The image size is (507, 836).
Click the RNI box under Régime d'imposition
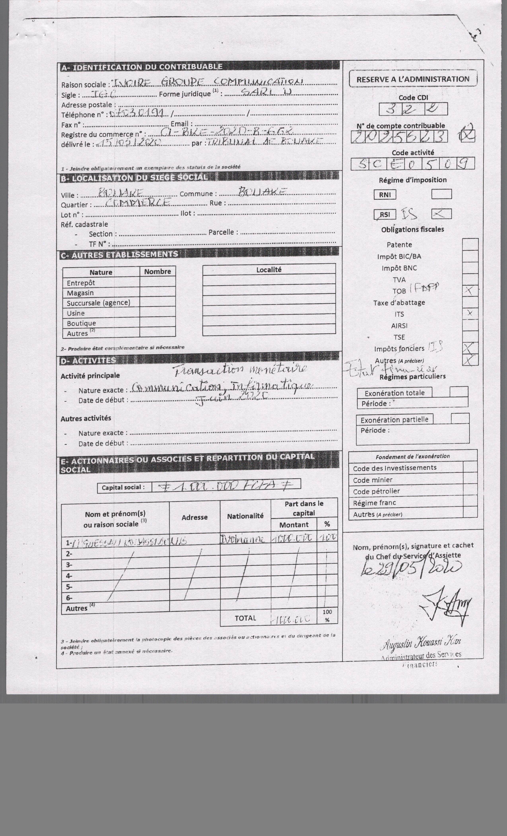tap(385, 195)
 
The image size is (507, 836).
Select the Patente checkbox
tap(470, 244)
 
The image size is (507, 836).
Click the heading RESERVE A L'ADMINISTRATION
tap(413, 79)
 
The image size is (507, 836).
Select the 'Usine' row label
tap(76, 313)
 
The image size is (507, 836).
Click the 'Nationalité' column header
tap(245, 516)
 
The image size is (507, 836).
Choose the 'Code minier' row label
tap(372, 480)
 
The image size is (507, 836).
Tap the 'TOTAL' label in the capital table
tap(245, 618)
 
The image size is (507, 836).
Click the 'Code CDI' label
tap(413, 97)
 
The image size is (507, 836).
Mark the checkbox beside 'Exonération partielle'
tap(460, 418)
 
